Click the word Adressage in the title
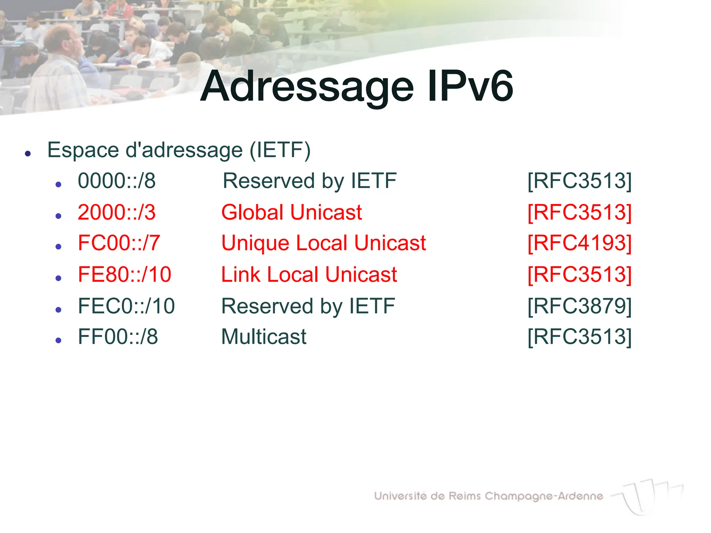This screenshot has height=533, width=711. click(x=307, y=87)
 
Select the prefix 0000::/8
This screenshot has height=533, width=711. click(x=117, y=181)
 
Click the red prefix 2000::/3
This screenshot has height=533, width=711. click(x=117, y=212)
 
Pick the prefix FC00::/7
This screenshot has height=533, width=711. click(x=119, y=243)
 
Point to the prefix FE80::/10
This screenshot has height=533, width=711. click(x=124, y=274)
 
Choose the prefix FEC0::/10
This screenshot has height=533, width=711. click(x=126, y=306)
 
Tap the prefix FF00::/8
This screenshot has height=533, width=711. click(x=118, y=337)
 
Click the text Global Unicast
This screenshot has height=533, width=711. click(x=292, y=212)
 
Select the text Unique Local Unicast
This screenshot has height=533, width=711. click(x=324, y=243)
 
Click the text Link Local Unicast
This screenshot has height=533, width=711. click(x=309, y=274)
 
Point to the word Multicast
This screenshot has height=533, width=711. click(x=264, y=337)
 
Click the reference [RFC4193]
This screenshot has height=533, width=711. click(x=579, y=243)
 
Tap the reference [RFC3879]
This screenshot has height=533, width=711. click(x=579, y=306)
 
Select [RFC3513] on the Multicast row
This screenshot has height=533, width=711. click(x=579, y=337)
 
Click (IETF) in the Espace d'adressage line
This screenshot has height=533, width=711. click(x=280, y=150)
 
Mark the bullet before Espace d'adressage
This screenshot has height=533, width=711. click(x=28, y=153)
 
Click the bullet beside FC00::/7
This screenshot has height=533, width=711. click(x=58, y=247)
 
